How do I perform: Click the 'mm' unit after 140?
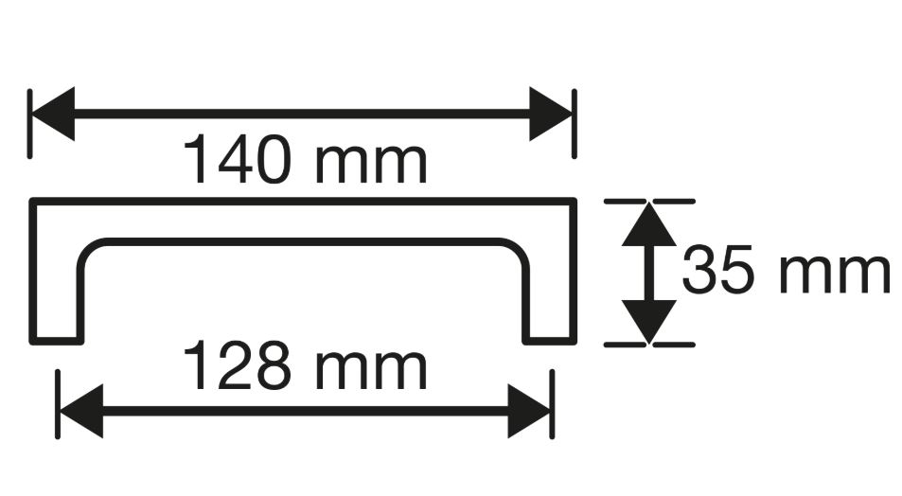click(372, 164)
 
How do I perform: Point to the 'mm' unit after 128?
click(372, 369)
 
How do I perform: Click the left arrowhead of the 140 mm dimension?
click(53, 114)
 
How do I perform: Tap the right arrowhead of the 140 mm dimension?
click(551, 114)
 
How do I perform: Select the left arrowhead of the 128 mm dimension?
click(81, 411)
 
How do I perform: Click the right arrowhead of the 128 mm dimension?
click(529, 411)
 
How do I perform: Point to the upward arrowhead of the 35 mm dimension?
click(649, 224)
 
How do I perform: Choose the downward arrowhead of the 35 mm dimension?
click(649, 322)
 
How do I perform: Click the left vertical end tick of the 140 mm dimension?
click(29, 124)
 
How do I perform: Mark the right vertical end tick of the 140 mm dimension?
click(575, 124)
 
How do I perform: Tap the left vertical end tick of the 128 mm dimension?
click(58, 404)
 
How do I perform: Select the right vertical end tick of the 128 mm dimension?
click(552, 404)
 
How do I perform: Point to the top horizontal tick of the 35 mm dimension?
click(649, 202)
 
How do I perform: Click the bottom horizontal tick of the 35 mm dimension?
click(649, 345)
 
